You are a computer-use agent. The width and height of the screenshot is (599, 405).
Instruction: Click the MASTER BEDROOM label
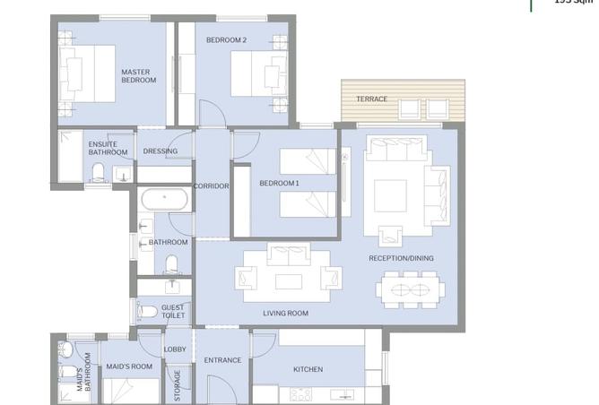coord(139,75)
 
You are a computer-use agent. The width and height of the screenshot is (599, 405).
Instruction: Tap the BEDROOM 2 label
coord(226,40)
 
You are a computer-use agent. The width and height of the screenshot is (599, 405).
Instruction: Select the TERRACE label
coord(372,99)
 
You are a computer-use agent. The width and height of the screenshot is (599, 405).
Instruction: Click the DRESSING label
coord(161,151)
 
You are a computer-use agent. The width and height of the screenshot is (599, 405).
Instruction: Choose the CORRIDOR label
coord(212,186)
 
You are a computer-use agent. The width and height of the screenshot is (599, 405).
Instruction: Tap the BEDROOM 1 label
coord(279,184)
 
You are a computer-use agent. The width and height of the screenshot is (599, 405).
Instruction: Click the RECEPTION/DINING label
coord(401,258)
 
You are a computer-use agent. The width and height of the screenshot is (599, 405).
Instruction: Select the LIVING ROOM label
coord(285,314)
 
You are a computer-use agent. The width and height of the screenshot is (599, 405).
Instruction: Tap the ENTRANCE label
coord(222,360)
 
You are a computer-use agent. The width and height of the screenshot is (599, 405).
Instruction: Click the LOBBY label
coord(175,349)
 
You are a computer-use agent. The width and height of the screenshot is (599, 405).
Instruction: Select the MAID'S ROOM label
coord(129,366)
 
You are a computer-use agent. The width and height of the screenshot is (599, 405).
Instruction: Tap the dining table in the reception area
coord(411,290)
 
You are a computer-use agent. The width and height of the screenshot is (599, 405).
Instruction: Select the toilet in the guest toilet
coord(148,311)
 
